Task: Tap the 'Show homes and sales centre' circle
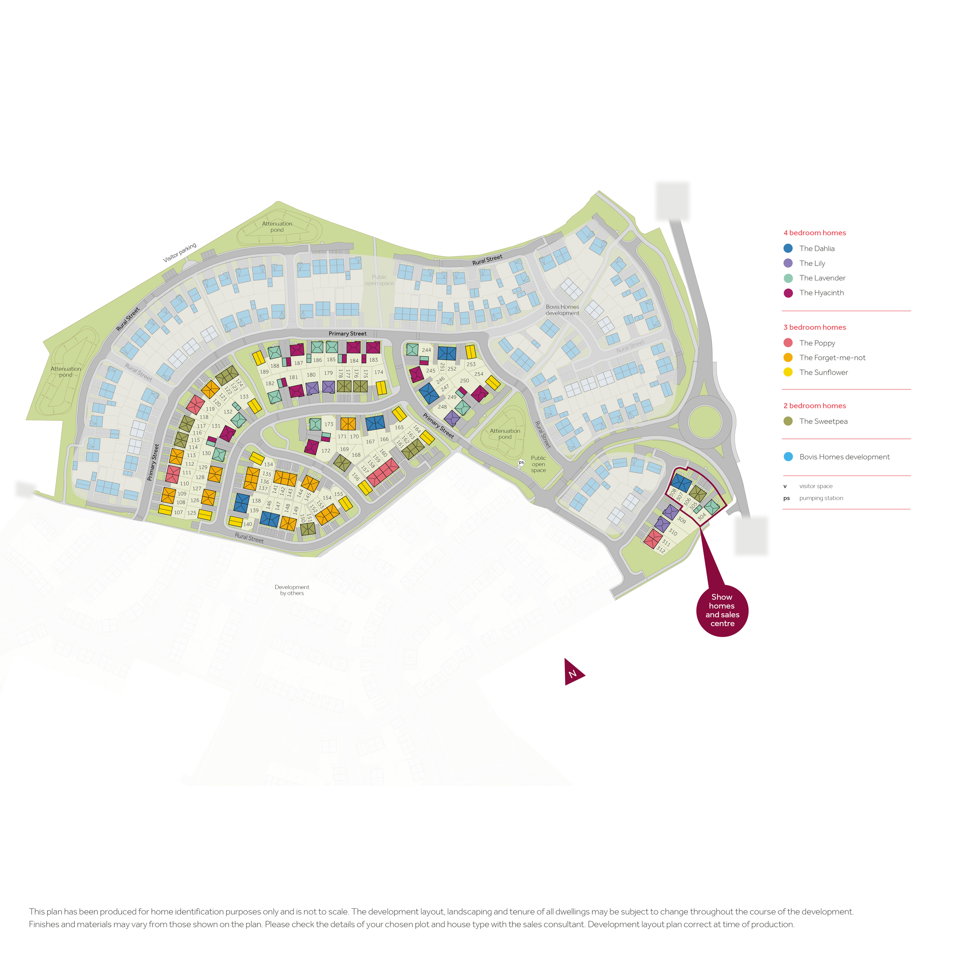pos(722,611)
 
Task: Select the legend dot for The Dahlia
pos(788,249)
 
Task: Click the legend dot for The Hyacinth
pos(788,293)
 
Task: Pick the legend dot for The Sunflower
pos(788,372)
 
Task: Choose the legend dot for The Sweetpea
pos(788,421)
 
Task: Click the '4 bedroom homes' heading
pos(814,233)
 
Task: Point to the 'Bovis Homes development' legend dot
pos(788,457)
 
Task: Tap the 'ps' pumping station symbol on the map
pos(521,463)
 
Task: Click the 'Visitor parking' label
pos(180,253)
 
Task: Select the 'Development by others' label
pos(292,590)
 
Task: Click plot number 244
pos(427,350)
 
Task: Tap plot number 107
pos(179,512)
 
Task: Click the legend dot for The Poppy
pos(788,343)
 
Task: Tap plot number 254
pos(478,374)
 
